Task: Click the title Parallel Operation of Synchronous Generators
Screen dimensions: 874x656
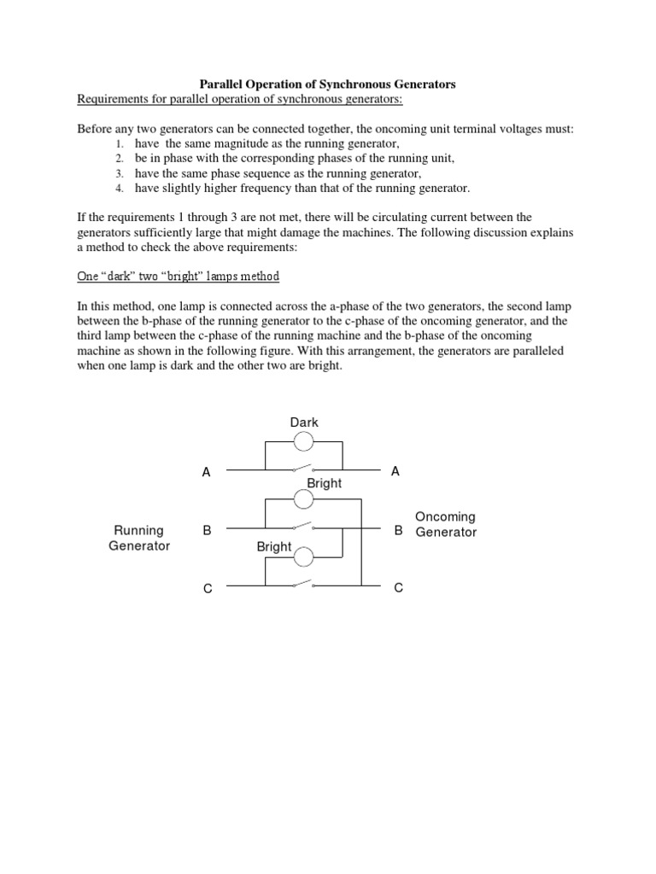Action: [327, 84]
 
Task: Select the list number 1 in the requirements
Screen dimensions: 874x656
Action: [120, 144]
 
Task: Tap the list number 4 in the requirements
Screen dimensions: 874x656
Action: [120, 188]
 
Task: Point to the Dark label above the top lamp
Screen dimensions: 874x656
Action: [303, 422]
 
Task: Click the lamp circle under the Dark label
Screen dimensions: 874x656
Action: [304, 441]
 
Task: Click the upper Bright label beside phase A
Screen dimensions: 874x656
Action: [324, 483]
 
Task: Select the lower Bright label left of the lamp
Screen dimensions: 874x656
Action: [274, 546]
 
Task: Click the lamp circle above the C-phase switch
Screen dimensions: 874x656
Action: [304, 558]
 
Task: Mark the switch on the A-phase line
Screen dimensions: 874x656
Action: [304, 469]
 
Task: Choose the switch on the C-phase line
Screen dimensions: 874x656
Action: [304, 586]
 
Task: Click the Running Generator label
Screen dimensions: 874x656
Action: [139, 538]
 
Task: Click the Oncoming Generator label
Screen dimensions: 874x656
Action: [445, 524]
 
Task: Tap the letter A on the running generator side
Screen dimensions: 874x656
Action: [206, 472]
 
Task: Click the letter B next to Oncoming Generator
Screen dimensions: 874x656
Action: [398, 531]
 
